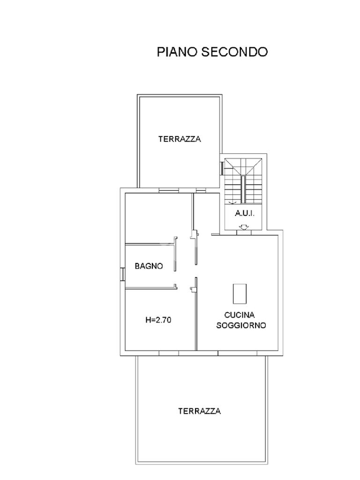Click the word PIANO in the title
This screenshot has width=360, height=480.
click(177, 52)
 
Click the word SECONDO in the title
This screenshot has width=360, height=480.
click(234, 52)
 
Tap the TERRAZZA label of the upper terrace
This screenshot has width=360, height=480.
click(180, 139)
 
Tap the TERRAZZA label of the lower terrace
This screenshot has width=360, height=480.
click(200, 411)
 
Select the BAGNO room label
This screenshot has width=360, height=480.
click(149, 266)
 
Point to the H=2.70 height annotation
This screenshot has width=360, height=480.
click(158, 320)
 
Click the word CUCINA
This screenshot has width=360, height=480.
click(240, 315)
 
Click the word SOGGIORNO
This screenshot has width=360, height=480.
click(241, 325)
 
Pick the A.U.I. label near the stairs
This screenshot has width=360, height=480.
click(245, 213)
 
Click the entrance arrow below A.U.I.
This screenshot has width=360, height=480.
click(244, 227)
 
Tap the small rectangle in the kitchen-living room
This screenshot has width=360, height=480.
click(240, 293)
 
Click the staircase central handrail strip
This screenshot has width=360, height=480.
click(243, 189)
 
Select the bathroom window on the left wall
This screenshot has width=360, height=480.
click(122, 274)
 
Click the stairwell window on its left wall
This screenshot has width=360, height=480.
click(222, 168)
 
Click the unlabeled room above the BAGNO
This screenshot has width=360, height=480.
click(158, 218)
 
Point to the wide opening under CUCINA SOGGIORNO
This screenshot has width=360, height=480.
click(238, 353)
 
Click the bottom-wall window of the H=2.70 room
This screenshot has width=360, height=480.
click(169, 353)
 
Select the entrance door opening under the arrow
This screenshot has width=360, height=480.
click(244, 232)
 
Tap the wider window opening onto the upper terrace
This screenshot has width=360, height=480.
click(169, 190)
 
